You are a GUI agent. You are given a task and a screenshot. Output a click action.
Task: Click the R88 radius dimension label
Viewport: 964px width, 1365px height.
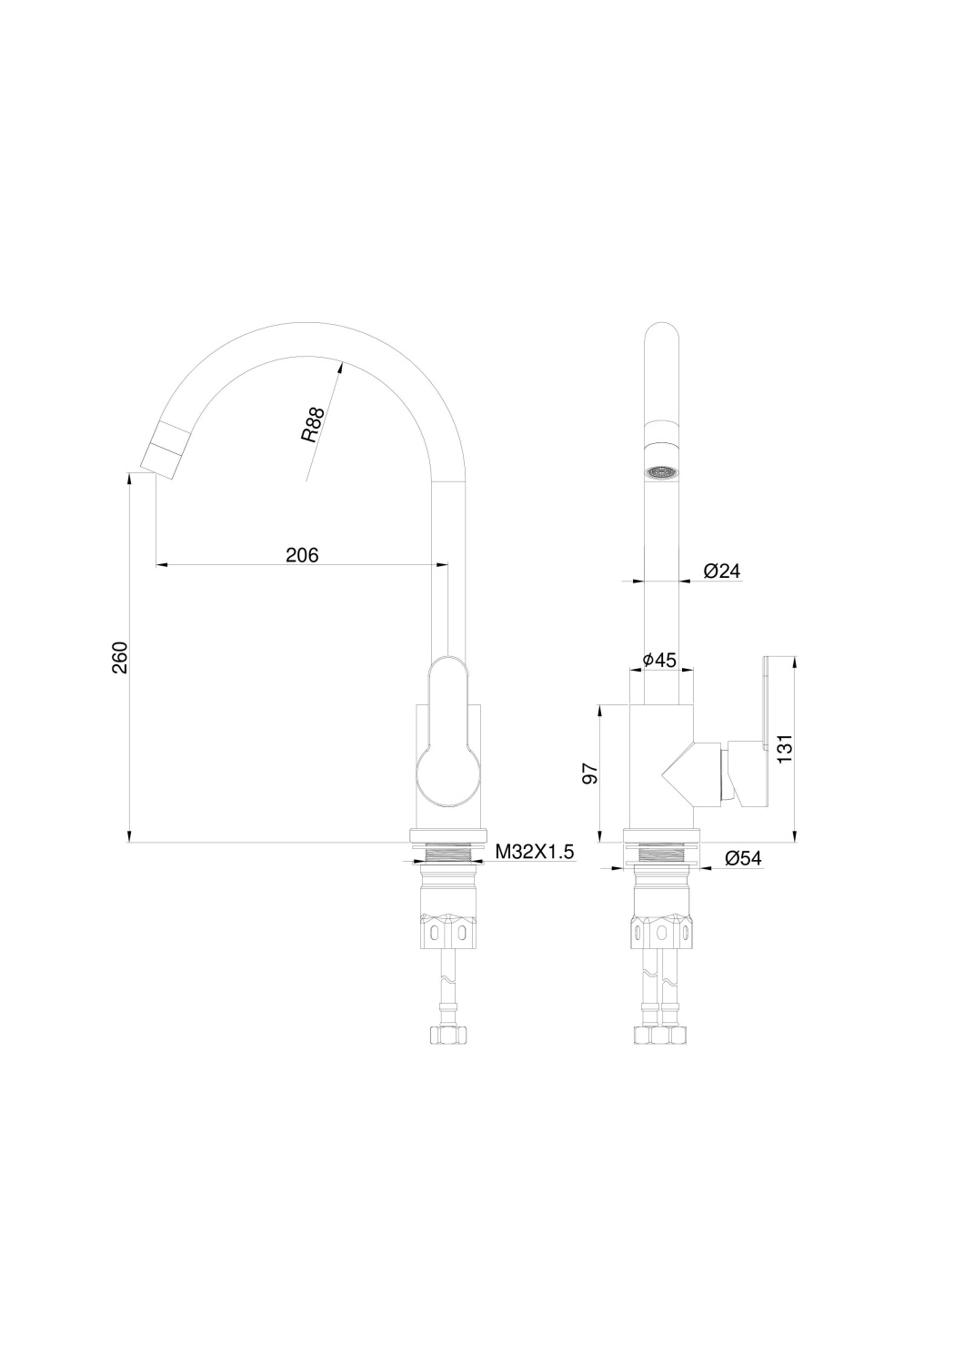[x=313, y=425]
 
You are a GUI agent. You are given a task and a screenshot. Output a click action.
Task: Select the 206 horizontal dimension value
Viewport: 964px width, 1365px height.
[x=302, y=554]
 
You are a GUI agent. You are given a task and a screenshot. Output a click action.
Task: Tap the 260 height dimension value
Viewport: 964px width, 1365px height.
[x=120, y=657]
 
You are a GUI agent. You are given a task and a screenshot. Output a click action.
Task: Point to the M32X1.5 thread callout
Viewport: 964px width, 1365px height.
[x=535, y=852]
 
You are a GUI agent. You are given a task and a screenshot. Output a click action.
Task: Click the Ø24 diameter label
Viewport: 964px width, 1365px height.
[x=722, y=571]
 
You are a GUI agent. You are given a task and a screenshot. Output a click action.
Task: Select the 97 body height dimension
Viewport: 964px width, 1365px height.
[x=590, y=773]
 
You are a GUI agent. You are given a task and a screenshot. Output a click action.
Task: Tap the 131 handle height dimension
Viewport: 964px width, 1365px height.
[x=786, y=748]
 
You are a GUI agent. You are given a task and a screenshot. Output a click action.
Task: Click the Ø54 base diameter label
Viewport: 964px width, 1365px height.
[x=743, y=857]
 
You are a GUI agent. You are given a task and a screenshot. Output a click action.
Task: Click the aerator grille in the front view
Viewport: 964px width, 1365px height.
[x=661, y=472]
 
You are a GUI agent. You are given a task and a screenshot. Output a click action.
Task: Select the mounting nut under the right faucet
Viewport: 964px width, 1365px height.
[x=661, y=930]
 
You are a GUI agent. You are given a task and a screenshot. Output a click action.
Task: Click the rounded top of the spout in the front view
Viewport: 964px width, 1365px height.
[x=661, y=337]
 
